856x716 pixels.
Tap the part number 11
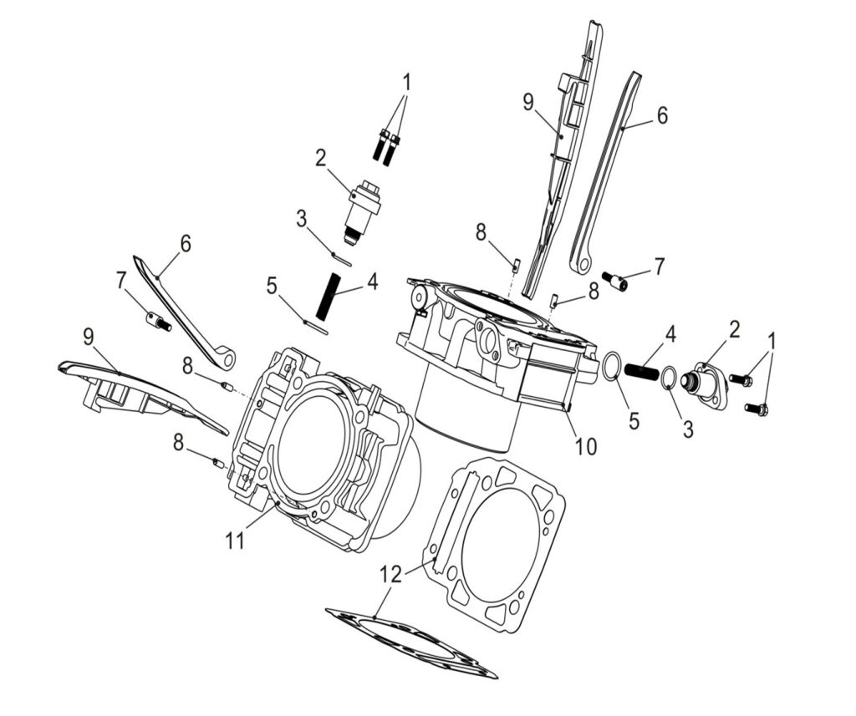235,541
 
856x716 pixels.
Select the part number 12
390,575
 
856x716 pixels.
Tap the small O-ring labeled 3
669,378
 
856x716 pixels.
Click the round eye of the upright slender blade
579,266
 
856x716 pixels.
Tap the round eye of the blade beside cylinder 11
226,359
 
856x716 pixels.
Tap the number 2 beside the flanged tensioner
734,328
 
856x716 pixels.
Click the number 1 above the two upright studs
406,83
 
